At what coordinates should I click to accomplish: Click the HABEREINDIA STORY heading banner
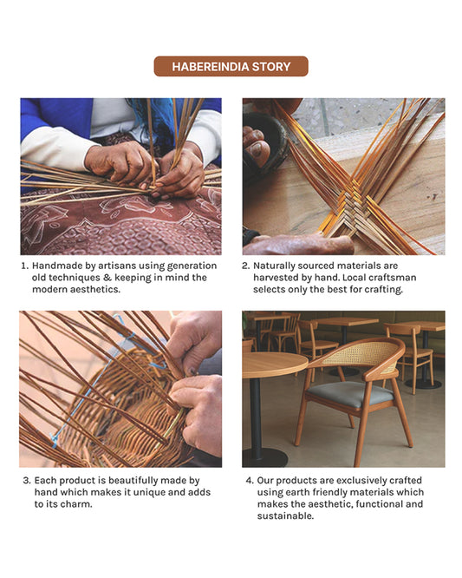(231, 66)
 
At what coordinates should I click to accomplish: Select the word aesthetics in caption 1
(95, 290)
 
